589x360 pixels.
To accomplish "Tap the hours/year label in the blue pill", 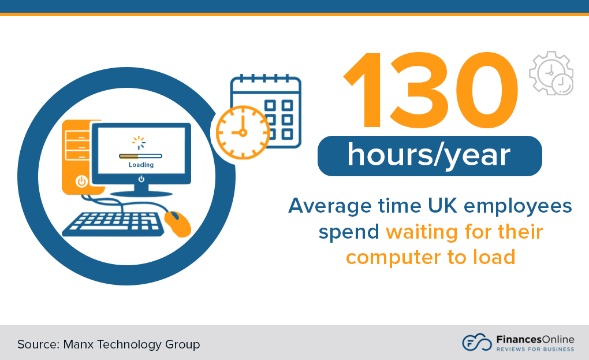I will coord(429,155).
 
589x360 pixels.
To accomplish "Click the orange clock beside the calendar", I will coord(243,132).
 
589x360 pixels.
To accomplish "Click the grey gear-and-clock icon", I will coord(551,73).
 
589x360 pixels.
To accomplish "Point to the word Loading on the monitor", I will coord(141,165).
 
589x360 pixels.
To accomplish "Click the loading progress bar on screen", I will coord(141,155).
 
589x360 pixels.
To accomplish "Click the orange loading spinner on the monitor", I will coord(139,142).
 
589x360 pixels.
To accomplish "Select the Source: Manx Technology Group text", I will coord(109,344).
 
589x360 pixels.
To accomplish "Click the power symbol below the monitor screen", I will coord(141,179).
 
